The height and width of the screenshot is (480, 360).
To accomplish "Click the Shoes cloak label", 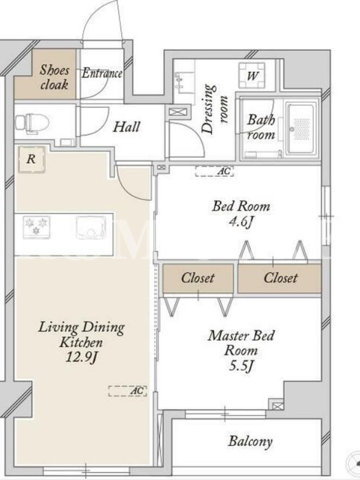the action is point(54,77).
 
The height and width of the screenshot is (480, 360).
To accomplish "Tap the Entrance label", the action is point(102,73).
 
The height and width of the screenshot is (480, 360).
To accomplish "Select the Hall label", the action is point(127,127).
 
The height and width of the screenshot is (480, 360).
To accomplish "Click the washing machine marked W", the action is point(252,75).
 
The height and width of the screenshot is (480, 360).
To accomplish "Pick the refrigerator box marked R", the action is point(32,159).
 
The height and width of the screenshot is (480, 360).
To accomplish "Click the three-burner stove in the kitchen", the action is point(37,227).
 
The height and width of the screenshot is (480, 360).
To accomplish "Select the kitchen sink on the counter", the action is point(91,227).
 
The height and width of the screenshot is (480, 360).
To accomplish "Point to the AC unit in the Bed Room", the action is point(214,171).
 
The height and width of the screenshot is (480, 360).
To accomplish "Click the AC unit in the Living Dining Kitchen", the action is point(127,391).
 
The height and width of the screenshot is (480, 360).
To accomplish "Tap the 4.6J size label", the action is point(241,222).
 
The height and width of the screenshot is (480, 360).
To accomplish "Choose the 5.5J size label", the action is point(241,365).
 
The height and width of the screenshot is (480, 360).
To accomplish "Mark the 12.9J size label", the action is point(81,357).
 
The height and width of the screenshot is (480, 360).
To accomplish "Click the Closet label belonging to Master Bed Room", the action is point(198,278).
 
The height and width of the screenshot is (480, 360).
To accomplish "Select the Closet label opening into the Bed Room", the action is point(280,278).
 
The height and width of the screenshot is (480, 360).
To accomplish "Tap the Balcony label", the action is point(250,442).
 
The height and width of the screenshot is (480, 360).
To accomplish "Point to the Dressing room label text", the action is point(215,109).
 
